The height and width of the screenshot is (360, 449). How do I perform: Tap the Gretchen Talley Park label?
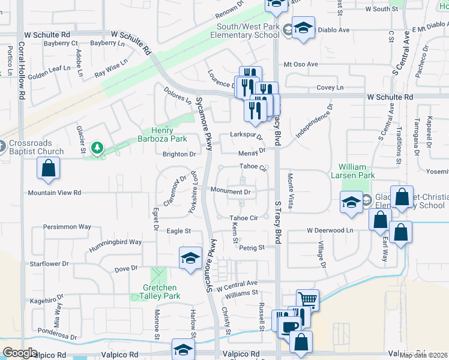tap(157, 291)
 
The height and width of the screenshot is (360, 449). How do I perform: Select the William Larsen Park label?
tap(357, 170)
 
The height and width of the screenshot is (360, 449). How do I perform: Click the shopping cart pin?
tap(307, 299)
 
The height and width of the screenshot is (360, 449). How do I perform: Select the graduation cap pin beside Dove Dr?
tap(190, 259)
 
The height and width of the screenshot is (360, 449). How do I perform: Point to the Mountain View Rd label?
tap(54, 193)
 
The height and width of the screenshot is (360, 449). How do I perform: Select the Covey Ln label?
tap(330, 88)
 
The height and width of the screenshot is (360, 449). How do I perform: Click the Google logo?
tap(20, 353)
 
